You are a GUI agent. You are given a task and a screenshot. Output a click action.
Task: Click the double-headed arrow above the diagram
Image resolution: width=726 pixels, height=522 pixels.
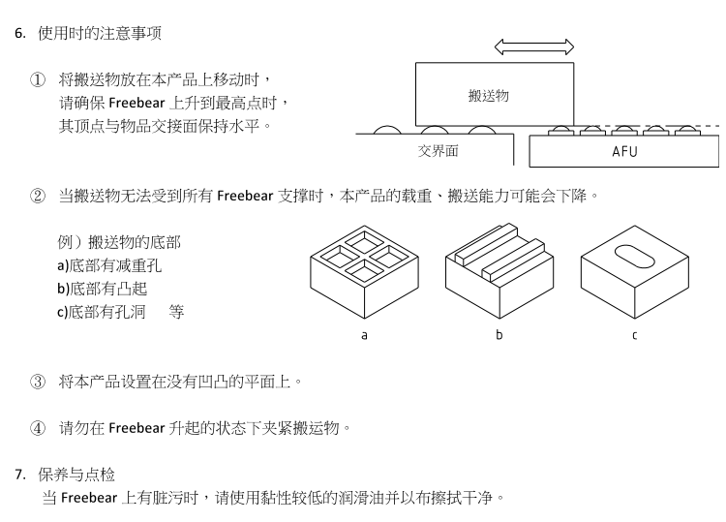(x=533, y=46)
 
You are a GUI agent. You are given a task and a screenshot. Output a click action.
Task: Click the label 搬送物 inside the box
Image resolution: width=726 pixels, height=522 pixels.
(x=488, y=95)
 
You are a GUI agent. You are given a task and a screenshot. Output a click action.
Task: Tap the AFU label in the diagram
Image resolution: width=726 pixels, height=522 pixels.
(x=624, y=152)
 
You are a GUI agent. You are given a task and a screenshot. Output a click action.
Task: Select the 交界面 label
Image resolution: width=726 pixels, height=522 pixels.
(x=438, y=150)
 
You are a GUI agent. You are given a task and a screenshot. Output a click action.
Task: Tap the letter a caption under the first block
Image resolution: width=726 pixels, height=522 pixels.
(x=364, y=335)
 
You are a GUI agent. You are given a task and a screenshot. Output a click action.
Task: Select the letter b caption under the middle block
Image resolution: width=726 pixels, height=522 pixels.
(x=499, y=335)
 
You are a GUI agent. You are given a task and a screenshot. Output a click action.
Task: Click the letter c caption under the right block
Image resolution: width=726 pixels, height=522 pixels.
(x=634, y=335)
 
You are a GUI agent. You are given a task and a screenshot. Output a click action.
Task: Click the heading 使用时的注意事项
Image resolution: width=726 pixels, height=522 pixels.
(x=99, y=33)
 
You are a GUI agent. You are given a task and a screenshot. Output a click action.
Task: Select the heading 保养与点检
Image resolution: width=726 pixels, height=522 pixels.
(x=76, y=475)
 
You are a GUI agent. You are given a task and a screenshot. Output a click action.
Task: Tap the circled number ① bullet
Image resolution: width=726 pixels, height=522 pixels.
(x=38, y=78)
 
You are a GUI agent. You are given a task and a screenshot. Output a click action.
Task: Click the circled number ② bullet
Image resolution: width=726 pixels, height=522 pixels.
(x=38, y=197)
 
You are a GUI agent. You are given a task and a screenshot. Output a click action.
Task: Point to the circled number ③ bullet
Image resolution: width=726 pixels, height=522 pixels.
(x=38, y=381)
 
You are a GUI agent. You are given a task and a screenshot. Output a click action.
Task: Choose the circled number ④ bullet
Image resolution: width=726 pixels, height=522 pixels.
(x=38, y=427)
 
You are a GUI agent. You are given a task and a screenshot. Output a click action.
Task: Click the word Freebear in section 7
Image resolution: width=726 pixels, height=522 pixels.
(x=88, y=499)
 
